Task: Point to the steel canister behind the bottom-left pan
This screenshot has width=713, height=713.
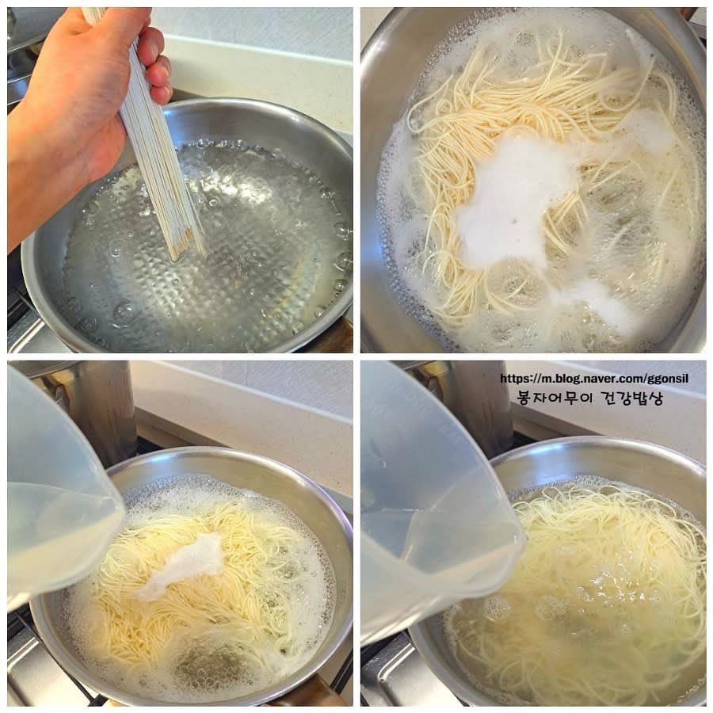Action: coord(100,410)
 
